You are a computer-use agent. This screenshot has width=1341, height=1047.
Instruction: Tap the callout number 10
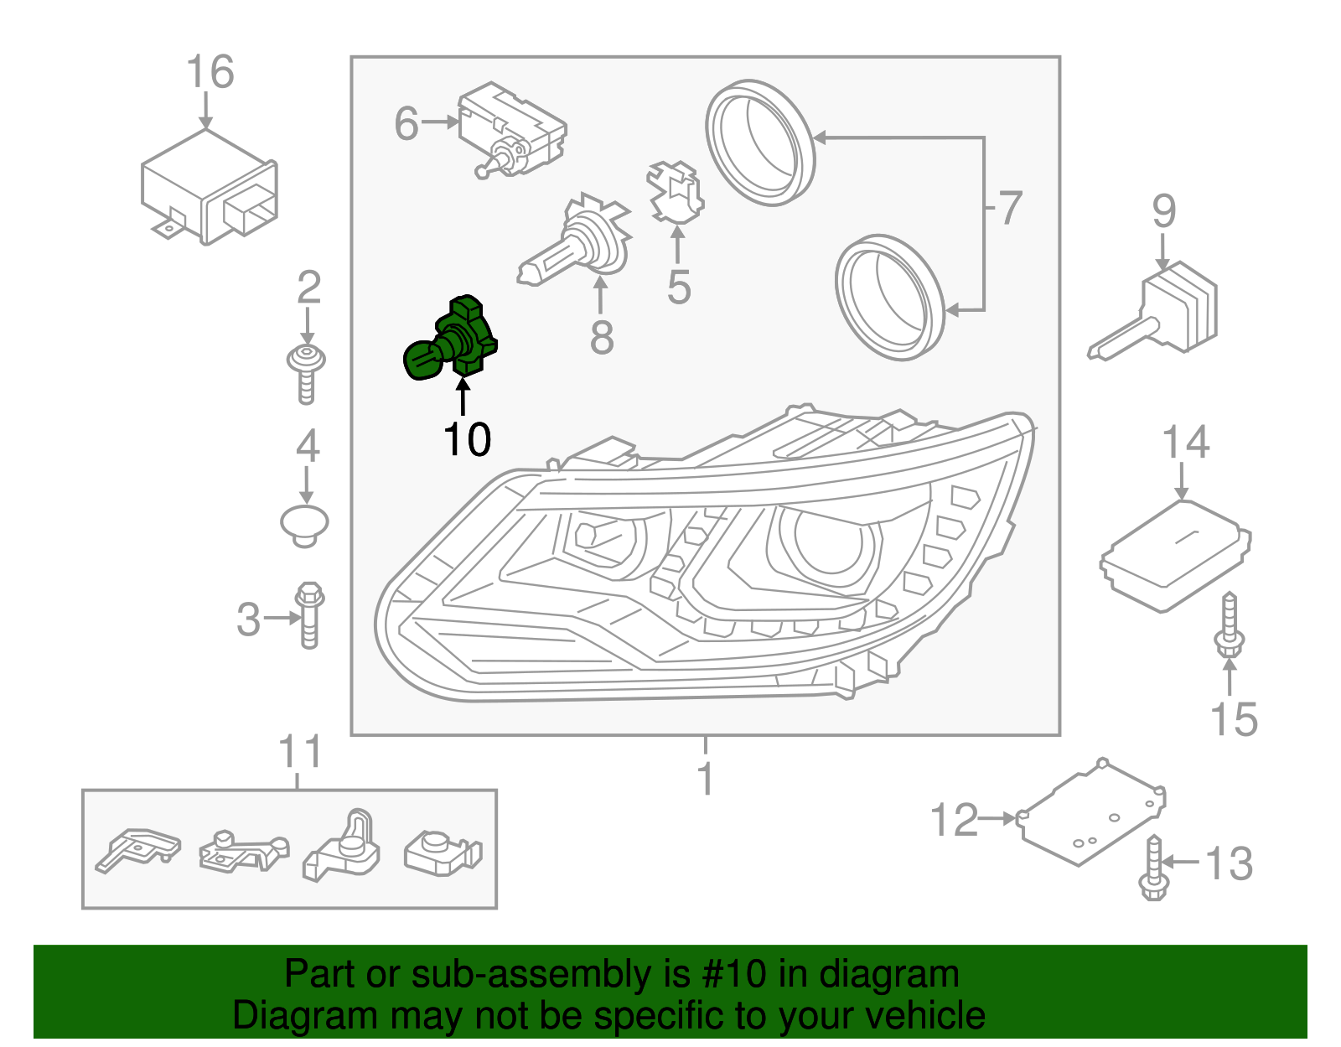[x=467, y=439]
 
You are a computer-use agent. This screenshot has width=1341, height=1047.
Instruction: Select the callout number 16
[x=210, y=72]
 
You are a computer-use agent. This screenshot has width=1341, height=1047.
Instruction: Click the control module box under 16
[x=209, y=188]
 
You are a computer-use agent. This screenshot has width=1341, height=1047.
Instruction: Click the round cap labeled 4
[x=304, y=523]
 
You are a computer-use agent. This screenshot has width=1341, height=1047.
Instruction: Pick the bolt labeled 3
[x=309, y=616]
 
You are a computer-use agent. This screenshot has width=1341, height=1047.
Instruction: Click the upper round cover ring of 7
[x=759, y=143]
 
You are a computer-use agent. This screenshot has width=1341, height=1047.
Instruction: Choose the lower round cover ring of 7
[x=889, y=298]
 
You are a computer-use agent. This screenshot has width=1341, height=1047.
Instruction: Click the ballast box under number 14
[x=1176, y=554]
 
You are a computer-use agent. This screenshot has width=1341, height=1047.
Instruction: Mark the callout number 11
[x=299, y=752]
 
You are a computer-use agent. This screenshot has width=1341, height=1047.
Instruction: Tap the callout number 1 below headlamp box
[x=706, y=779]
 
